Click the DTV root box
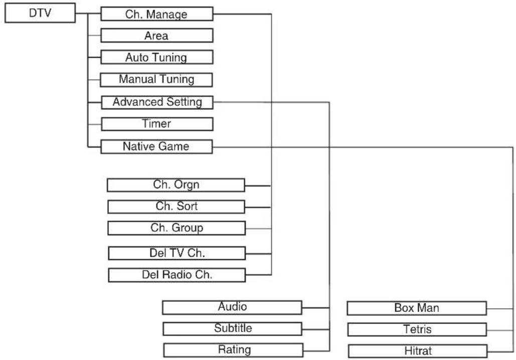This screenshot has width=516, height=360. point(40,13)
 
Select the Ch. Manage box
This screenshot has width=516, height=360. point(156,14)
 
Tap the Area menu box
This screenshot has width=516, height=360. point(156,36)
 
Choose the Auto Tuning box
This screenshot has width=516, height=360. point(156,57)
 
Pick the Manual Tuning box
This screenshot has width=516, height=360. point(156,80)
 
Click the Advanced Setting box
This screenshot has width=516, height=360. point(157,102)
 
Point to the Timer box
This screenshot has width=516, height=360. point(157,124)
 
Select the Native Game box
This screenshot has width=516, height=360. point(156,146)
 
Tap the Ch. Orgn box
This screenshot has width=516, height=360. point(176,185)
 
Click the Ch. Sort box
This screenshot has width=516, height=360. point(177,207)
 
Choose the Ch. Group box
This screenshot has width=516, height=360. point(177,228)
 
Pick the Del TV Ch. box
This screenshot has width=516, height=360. point(177,253)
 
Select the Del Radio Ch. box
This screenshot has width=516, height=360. point(177,275)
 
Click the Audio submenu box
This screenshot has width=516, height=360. point(232,307)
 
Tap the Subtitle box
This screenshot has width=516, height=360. point(233,329)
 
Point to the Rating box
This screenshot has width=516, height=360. point(233,350)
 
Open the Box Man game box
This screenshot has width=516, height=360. point(417,308)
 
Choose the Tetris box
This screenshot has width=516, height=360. point(417,329)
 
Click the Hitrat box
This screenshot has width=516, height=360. point(418,351)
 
